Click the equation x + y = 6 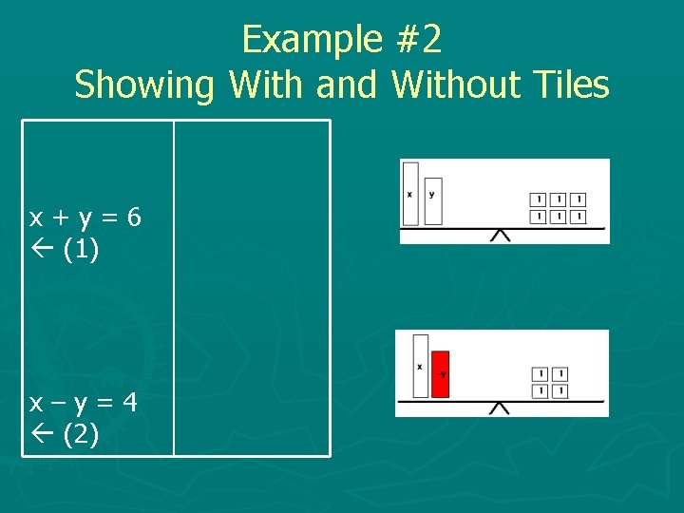[85, 218]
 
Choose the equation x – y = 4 [84, 403]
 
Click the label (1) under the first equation [83, 251]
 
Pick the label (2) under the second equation [83, 436]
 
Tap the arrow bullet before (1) [42, 251]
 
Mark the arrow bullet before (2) [42, 436]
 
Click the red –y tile [441, 373]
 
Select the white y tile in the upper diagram [433, 200]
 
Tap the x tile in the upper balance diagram [410, 193]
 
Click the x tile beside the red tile [420, 365]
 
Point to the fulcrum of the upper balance [500, 235]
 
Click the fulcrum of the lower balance [499, 408]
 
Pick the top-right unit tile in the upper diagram [579, 199]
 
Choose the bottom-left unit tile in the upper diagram [538, 217]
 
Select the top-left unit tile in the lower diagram [539, 373]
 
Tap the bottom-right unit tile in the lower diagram [560, 390]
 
